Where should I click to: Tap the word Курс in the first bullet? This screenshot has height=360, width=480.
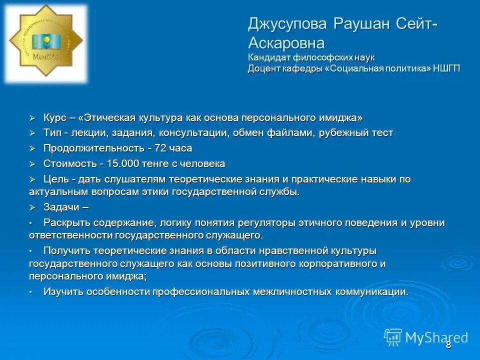pos(54,118)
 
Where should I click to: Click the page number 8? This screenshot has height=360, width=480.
pos(448,344)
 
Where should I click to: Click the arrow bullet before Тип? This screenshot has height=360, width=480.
pos(32,133)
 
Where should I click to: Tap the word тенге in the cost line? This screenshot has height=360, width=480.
pos(156,163)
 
